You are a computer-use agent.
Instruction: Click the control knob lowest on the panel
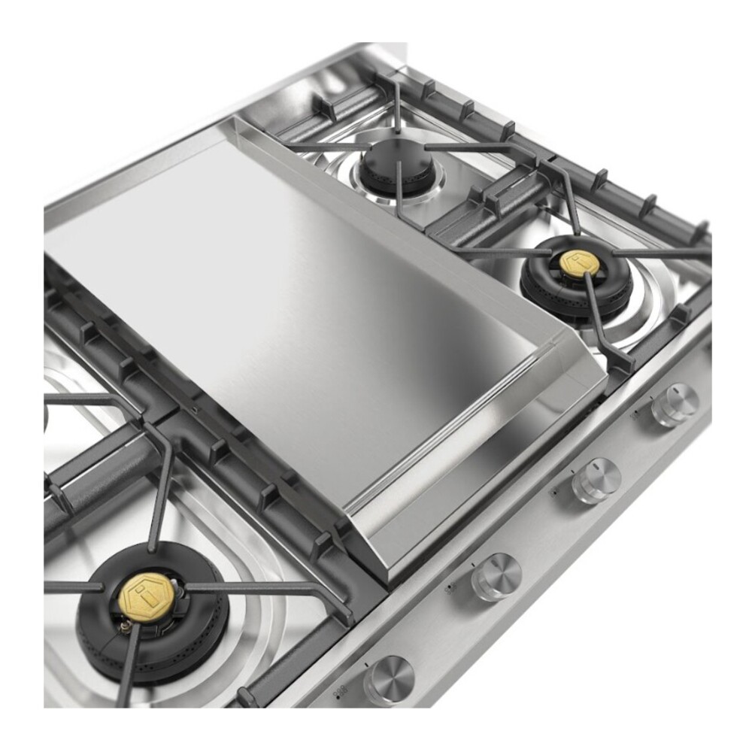(389, 679)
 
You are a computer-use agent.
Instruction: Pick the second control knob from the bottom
(496, 576)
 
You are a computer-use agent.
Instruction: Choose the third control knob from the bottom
(596, 480)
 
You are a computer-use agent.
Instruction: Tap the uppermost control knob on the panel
(675, 405)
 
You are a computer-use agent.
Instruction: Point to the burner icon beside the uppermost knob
(636, 411)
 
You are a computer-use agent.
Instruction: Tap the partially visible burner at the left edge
(47, 414)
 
